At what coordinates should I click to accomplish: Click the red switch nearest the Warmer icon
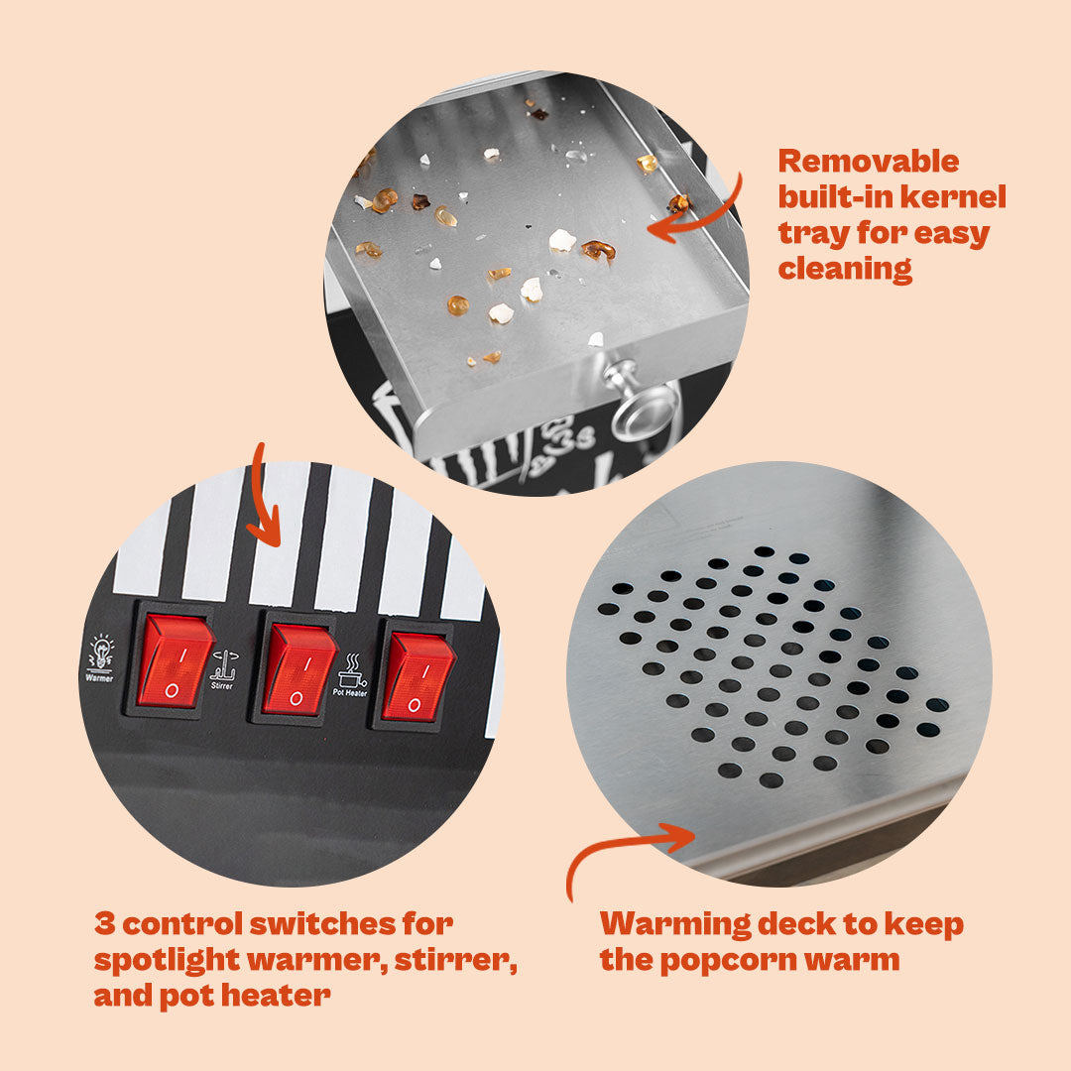coord(175,661)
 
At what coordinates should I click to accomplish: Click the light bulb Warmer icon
coord(100,657)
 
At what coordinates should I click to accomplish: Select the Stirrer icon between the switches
coord(223,670)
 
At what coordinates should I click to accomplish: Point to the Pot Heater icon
coord(350,675)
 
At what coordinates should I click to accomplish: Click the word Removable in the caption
coord(868,162)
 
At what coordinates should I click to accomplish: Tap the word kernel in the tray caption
coord(959,196)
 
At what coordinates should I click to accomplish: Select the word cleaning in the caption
coord(845,270)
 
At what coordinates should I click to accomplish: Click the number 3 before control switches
coord(104,923)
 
